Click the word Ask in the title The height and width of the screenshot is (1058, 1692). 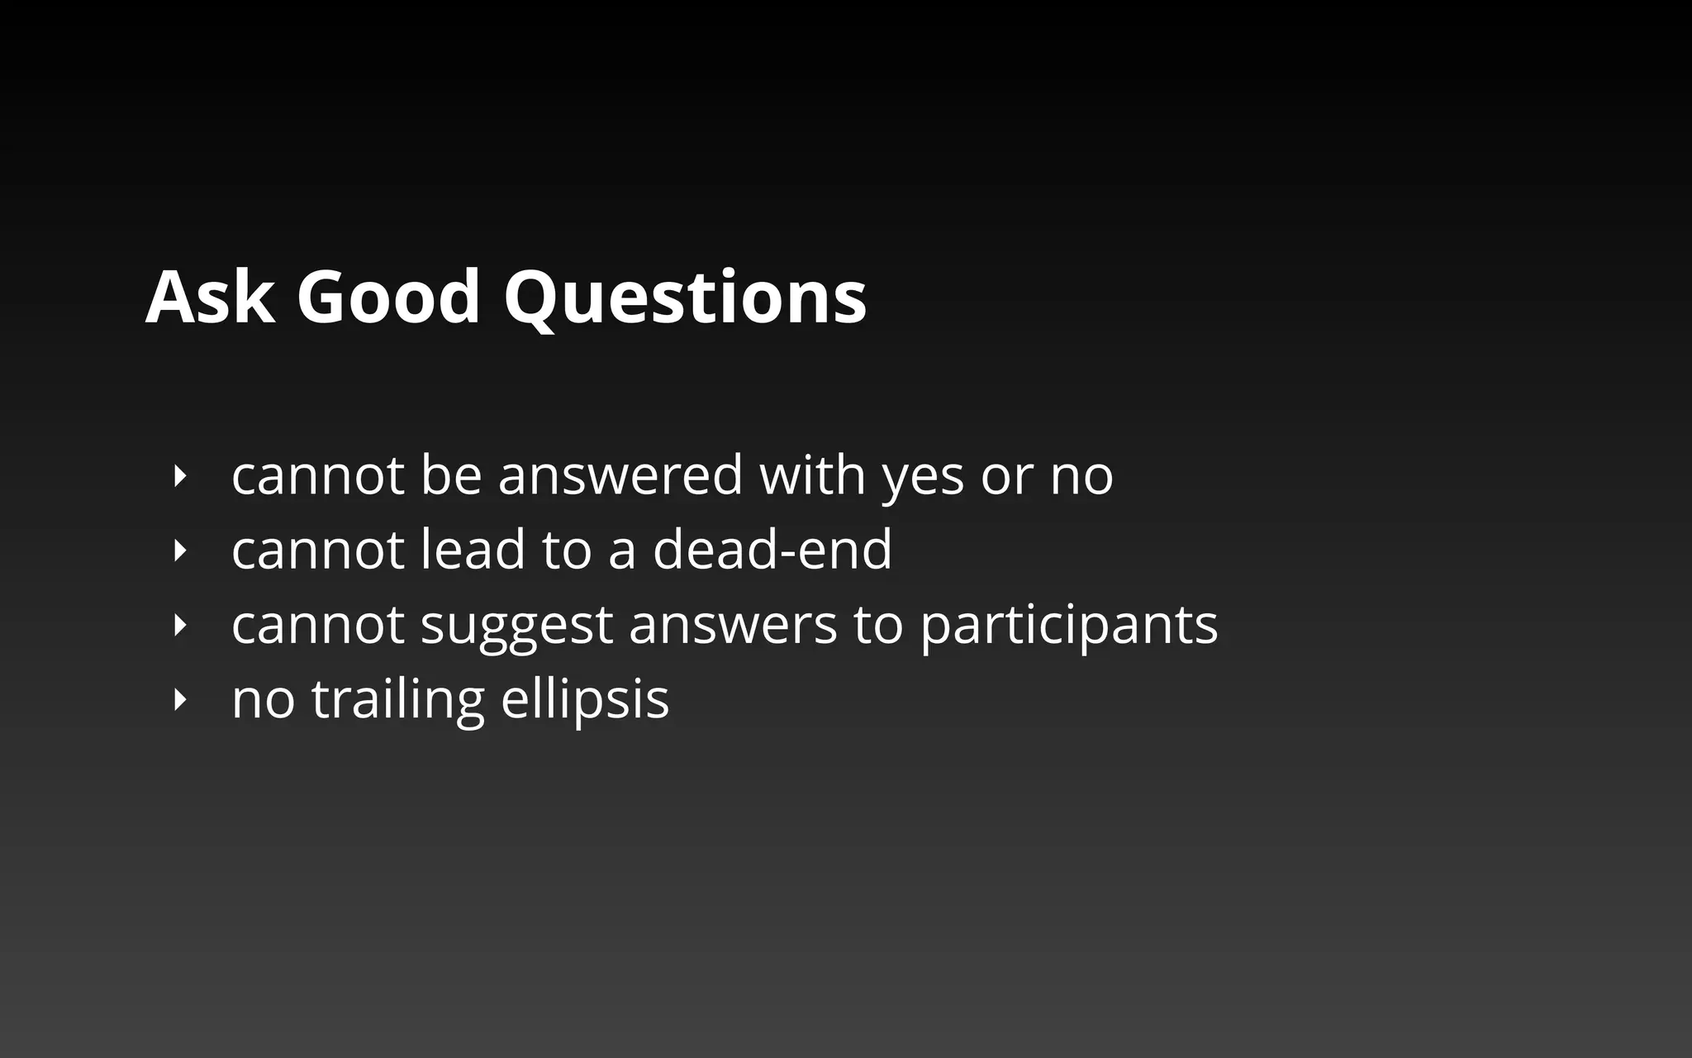coord(209,297)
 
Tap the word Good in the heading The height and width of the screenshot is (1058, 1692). coord(388,297)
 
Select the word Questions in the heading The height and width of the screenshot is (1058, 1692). coord(685,298)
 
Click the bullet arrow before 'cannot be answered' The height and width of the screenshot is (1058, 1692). coord(179,476)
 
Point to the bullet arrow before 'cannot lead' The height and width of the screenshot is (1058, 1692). coord(179,550)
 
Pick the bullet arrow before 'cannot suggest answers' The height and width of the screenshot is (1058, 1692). coord(179,625)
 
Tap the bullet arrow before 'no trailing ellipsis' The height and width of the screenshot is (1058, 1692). coord(179,700)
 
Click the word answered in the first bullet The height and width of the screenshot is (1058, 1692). coord(620,476)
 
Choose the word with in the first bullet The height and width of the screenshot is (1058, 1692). coord(812,475)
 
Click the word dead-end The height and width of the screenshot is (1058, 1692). coord(772,550)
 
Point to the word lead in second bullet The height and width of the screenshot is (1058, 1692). coord(473,550)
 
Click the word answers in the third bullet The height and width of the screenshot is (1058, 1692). coord(733,625)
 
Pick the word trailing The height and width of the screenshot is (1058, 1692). coord(397,700)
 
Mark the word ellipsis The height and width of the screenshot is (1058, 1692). coord(585,700)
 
